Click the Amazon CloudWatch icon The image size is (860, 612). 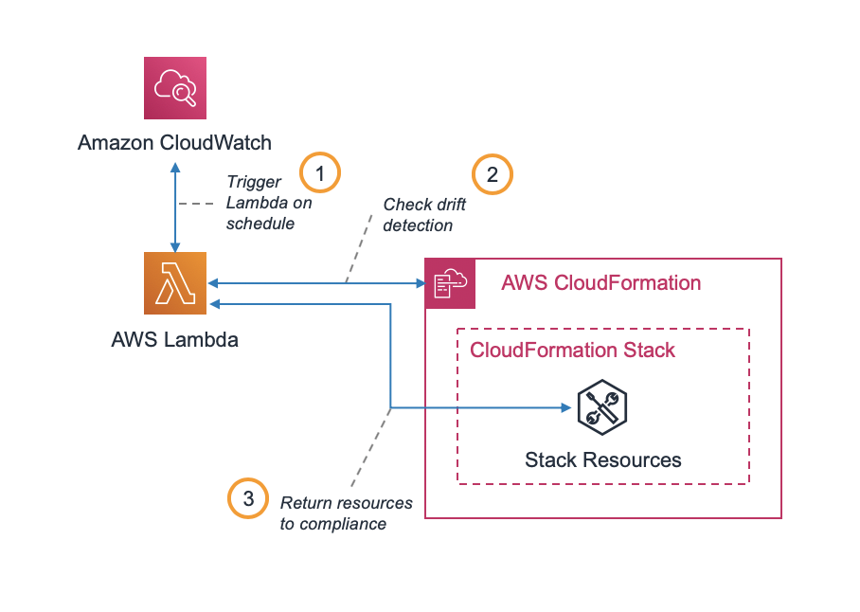(x=174, y=88)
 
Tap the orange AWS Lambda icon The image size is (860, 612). (x=174, y=282)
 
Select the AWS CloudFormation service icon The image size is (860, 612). (x=450, y=283)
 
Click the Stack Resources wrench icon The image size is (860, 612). (x=602, y=408)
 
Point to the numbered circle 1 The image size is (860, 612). (x=320, y=173)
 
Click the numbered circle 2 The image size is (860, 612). (x=492, y=174)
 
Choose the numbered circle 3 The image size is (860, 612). (x=248, y=500)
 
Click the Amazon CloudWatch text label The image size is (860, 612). (x=174, y=143)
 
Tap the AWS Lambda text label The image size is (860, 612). (x=174, y=338)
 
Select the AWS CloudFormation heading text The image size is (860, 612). (x=600, y=283)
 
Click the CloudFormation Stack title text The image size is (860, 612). (x=572, y=351)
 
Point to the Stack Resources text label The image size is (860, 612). (x=602, y=460)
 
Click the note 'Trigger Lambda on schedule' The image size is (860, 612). (x=268, y=203)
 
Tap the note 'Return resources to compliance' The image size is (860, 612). (x=346, y=513)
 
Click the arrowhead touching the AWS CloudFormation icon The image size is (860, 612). (x=419, y=282)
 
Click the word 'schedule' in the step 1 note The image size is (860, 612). (x=260, y=224)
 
